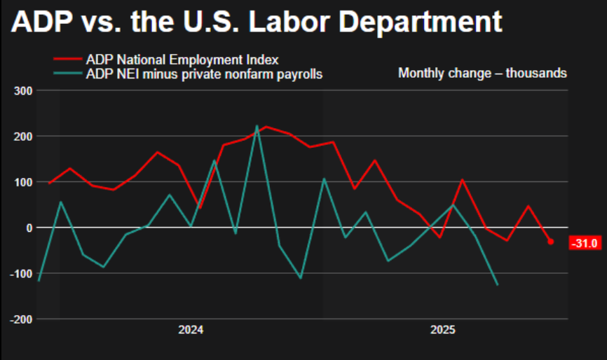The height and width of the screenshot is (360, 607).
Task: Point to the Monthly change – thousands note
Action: (482, 73)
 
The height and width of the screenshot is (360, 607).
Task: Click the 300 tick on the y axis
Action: (23, 90)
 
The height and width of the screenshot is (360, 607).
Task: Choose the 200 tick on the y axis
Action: (23, 136)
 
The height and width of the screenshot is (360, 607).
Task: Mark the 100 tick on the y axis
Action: (23, 182)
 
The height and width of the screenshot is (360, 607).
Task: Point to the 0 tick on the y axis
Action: (29, 228)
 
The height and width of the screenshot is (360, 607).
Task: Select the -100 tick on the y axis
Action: (21, 273)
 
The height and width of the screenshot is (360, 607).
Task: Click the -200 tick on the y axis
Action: (21, 319)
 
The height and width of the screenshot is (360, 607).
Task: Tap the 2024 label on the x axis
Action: (191, 330)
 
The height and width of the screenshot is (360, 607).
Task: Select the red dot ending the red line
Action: (550, 242)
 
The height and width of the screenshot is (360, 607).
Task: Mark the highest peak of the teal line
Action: (257, 126)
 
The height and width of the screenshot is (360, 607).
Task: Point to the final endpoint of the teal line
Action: (498, 284)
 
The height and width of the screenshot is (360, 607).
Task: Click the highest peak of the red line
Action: (265, 127)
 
